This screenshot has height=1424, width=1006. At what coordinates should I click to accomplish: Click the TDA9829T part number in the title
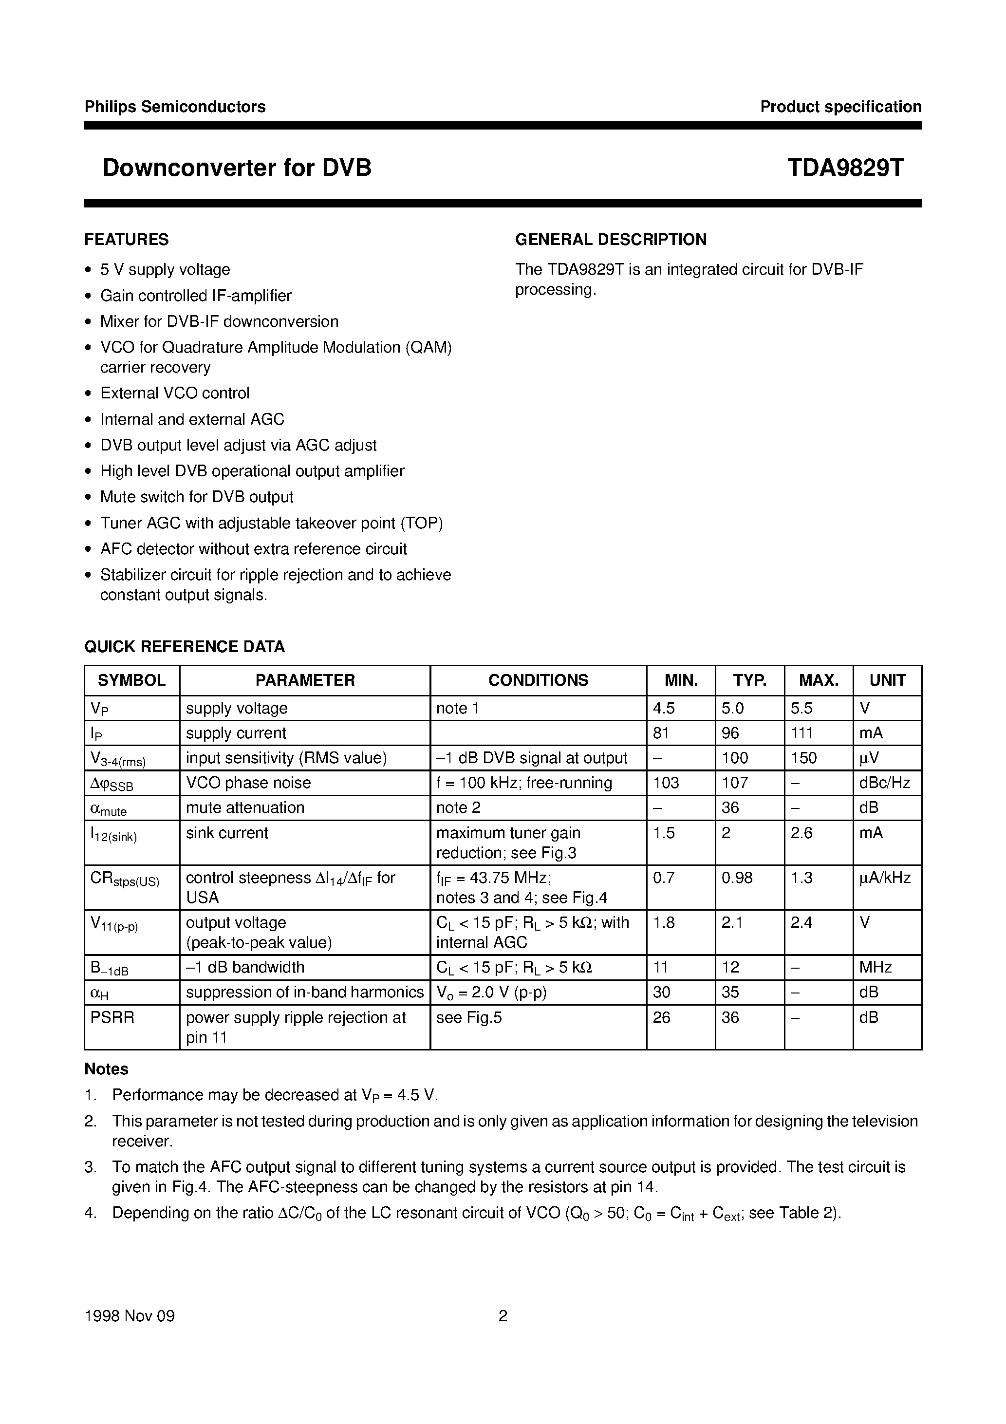point(845,168)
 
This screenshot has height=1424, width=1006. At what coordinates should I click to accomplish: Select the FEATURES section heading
point(127,240)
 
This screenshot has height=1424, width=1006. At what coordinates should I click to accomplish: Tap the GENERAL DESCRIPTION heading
point(610,240)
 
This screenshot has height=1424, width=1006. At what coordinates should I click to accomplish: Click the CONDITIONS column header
point(538,680)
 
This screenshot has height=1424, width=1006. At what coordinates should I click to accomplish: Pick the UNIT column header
point(887,680)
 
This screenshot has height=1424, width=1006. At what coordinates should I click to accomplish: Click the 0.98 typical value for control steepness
point(737,878)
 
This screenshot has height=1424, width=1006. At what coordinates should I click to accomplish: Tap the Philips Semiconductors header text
point(175,107)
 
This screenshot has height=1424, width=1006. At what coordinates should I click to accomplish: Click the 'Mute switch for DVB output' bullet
point(197,497)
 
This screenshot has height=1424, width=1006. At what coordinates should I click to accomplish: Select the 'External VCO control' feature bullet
point(175,393)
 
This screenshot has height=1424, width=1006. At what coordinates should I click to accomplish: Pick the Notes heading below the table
point(106,1069)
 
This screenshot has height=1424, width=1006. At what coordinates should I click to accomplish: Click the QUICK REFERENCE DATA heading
point(184,647)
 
